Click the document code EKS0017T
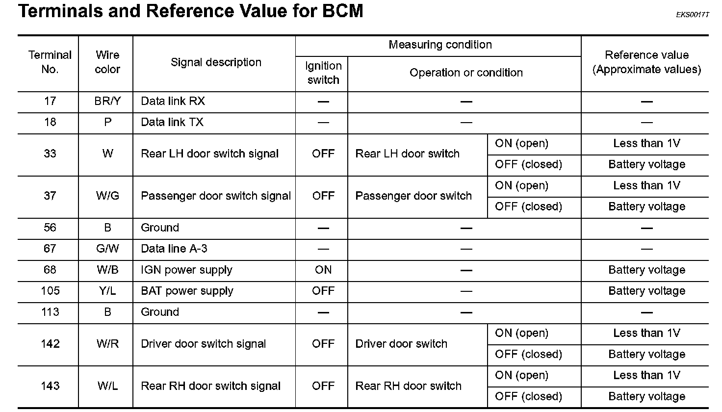[693, 15]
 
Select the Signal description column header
[216, 62]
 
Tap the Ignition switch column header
[323, 73]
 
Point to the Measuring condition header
[440, 45]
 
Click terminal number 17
[50, 101]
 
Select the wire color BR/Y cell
[107, 101]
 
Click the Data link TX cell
[172, 122]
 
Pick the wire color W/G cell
[107, 196]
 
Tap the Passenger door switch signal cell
[216, 196]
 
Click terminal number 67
[50, 249]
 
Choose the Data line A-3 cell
[174, 249]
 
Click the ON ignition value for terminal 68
[323, 270]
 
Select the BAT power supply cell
[187, 291]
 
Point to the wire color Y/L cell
[107, 291]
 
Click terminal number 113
[50, 312]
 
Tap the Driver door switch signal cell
[204, 344]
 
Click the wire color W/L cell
[107, 386]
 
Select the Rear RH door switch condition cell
[408, 386]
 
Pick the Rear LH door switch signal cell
[210, 154]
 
